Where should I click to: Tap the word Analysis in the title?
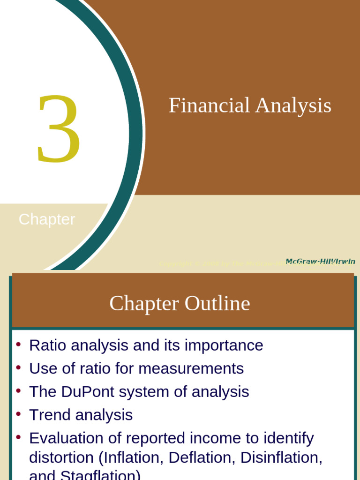pyautogui.click(x=293, y=106)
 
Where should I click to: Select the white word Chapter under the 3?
pyautogui.click(x=47, y=219)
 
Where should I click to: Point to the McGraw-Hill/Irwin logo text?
pyautogui.click(x=321, y=261)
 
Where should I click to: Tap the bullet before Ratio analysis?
pyautogui.click(x=18, y=345)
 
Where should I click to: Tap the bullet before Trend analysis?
pyautogui.click(x=18, y=414)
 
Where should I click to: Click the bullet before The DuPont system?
pyautogui.click(x=18, y=390)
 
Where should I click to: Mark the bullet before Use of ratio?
pyautogui.click(x=18, y=367)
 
